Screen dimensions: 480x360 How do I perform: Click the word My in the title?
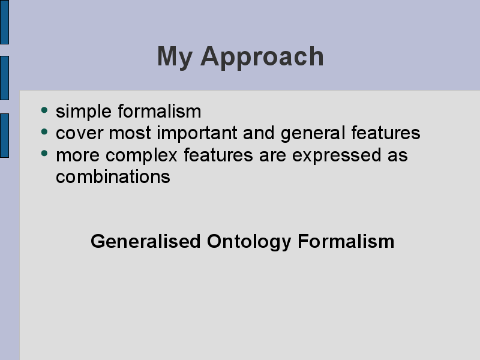[175, 58]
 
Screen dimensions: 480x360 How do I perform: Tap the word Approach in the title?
[262, 58]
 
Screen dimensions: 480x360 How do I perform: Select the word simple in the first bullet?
[83, 112]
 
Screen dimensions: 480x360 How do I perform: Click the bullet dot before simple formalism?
[44, 110]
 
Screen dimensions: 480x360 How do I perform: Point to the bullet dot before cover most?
[44, 131]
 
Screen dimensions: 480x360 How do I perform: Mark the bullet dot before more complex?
[44, 154]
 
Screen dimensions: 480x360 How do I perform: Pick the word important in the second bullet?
[197, 133]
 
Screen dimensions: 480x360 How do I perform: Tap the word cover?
[80, 133]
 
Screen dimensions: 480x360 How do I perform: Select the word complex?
[142, 155]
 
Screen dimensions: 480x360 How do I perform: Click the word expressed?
[337, 155]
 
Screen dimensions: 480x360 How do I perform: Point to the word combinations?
[113, 177]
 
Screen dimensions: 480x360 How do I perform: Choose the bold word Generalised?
[146, 241]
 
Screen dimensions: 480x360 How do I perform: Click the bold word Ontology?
[249, 242]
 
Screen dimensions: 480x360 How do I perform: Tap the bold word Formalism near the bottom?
[346, 241]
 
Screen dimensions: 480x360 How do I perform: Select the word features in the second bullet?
[386, 133]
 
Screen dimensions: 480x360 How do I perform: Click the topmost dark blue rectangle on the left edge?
[4, 22]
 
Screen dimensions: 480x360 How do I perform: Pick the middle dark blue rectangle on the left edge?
[4, 78]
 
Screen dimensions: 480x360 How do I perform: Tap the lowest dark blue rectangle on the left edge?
[4, 136]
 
